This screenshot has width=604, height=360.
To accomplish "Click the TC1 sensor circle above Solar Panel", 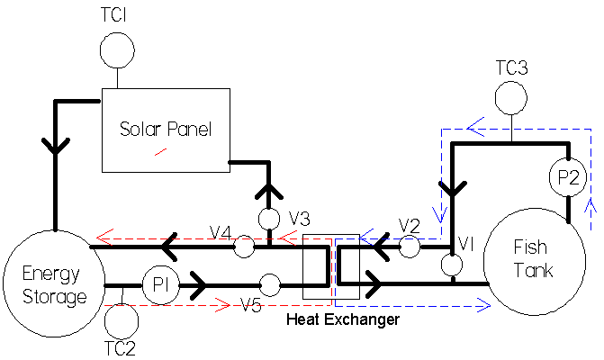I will (116, 49).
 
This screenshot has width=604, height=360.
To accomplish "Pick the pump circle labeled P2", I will (568, 179).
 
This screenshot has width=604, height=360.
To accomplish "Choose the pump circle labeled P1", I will (160, 287).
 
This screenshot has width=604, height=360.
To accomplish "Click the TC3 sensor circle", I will (511, 97).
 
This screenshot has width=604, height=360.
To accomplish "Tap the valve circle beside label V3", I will (269, 219).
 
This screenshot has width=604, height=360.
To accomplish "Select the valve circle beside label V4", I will (243, 245).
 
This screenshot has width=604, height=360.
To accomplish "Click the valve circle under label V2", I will (410, 247).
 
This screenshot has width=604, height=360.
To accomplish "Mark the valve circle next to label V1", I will (452, 265).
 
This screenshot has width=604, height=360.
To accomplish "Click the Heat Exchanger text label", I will (342, 319).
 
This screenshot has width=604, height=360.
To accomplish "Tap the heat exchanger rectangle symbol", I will (331, 266).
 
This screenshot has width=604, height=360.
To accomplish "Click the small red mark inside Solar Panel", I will (160, 151).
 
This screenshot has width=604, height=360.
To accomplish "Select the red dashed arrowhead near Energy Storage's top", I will (104, 238).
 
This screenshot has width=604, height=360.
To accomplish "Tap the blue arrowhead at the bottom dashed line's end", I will (484, 307).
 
